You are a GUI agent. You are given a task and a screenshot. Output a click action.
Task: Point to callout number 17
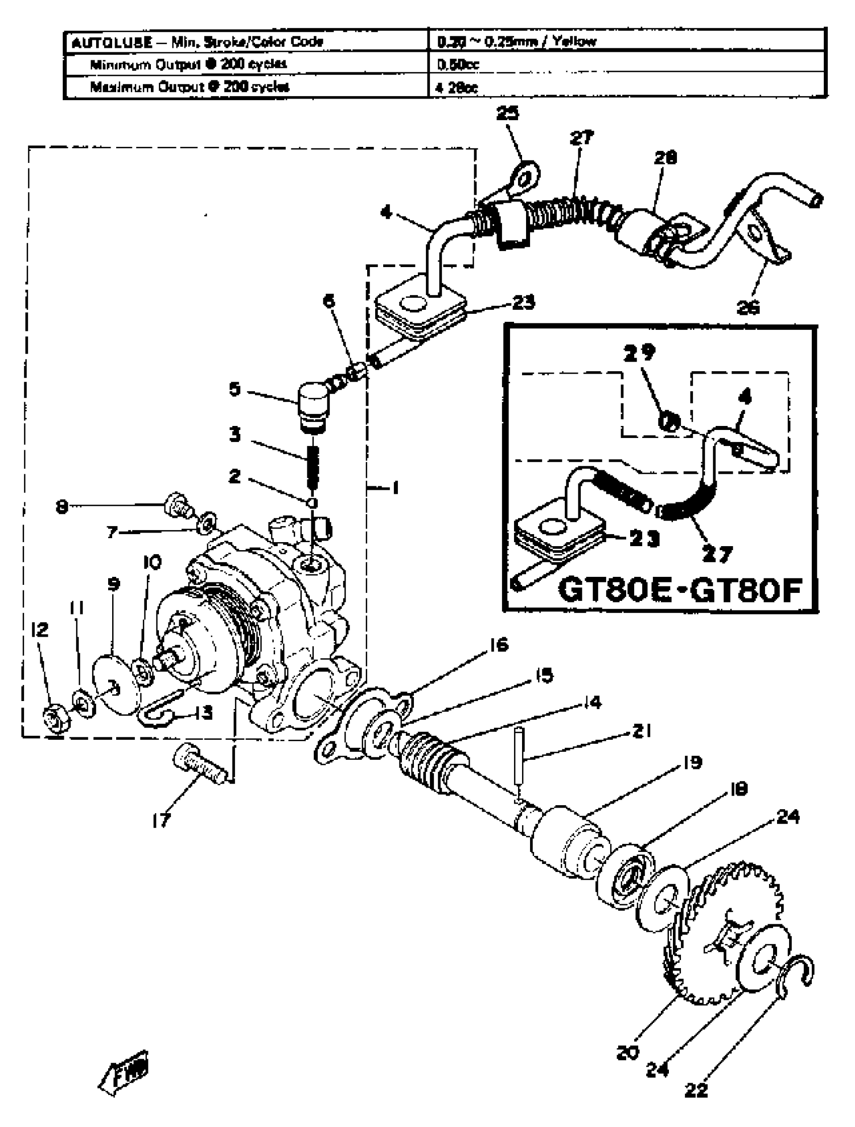[161, 821]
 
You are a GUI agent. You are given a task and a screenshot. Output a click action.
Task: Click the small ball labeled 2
[313, 503]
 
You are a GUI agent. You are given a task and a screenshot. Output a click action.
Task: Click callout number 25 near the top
[507, 114]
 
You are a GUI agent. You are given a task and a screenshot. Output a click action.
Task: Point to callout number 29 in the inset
[639, 352]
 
